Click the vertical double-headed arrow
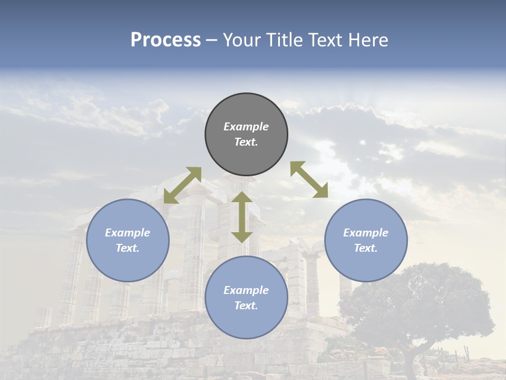click(x=242, y=217)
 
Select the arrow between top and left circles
click(x=182, y=185)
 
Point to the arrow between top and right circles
click(x=309, y=179)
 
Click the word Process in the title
click(x=166, y=40)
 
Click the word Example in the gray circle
click(x=246, y=127)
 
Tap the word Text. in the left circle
click(x=128, y=248)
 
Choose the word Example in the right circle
click(x=366, y=233)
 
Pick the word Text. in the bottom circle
click(x=246, y=306)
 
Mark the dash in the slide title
click(x=211, y=41)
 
